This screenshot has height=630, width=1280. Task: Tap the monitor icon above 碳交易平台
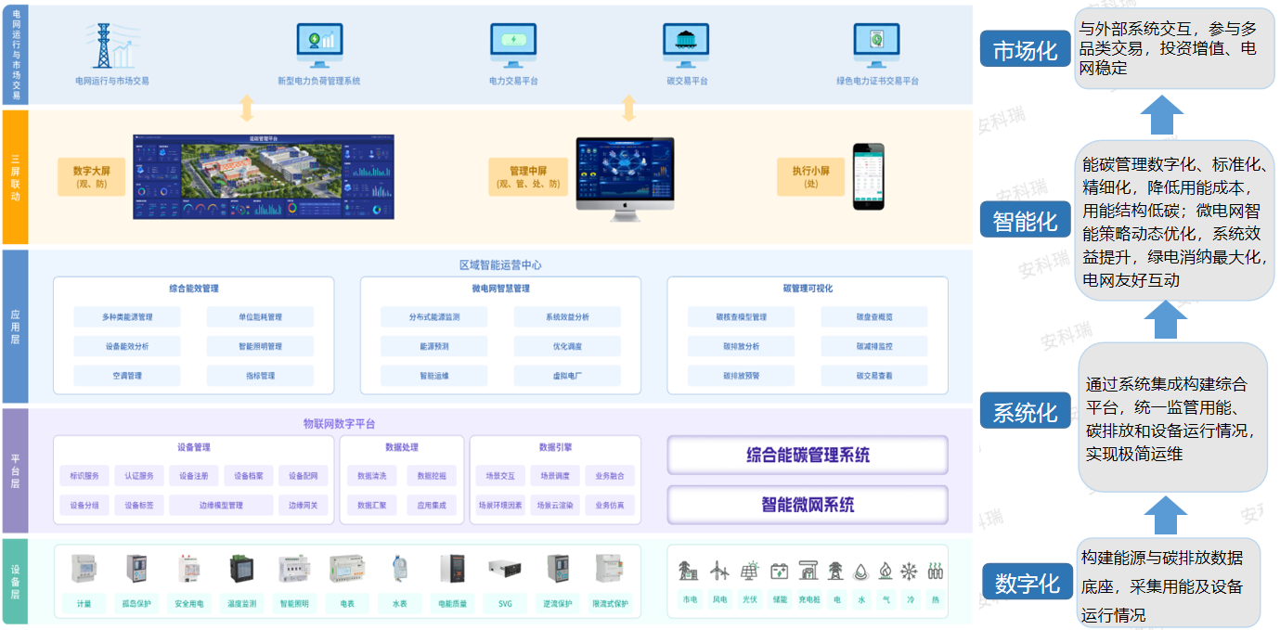pos(686,44)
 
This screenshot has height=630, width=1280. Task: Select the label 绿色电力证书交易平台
pos(877,81)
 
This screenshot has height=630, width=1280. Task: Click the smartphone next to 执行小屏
pos(869,176)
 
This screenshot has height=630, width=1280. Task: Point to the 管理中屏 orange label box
pos(528,176)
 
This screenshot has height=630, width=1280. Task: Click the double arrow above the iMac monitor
pos(628,108)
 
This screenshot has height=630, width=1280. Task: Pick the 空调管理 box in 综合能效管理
pos(127,376)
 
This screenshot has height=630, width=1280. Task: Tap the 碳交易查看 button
pos(873,376)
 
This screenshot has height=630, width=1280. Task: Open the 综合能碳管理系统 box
pos(808,455)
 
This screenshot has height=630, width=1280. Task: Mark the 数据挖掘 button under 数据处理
pos(431,476)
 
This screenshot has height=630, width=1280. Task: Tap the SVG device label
pos(504,603)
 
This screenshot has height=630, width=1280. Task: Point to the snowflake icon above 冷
pos(910,572)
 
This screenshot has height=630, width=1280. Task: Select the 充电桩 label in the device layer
pos(808,600)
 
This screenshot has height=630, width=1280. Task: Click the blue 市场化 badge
pos(1025,50)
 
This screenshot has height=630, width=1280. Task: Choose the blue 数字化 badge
pos(1027,583)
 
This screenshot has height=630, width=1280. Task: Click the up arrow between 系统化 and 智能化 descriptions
pos(1166,321)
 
